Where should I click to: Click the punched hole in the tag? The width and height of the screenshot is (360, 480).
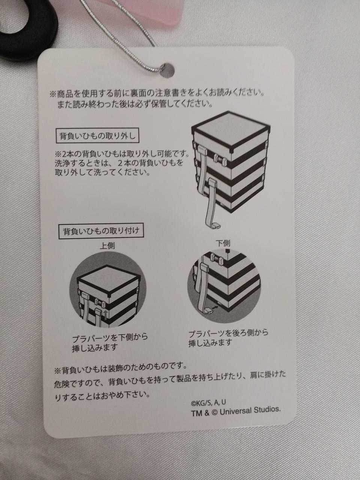pyautogui.click(x=167, y=70)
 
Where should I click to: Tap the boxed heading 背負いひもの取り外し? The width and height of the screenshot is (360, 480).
pyautogui.click(x=97, y=136)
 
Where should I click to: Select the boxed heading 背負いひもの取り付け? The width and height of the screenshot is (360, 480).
pyautogui.click(x=101, y=231)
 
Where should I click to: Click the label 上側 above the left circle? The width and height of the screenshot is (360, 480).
pyautogui.click(x=107, y=246)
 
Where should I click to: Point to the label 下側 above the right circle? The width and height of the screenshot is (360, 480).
pyautogui.click(x=223, y=243)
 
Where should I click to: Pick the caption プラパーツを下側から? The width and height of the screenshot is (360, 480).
pyautogui.click(x=110, y=338)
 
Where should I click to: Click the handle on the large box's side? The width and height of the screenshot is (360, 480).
pyautogui.click(x=220, y=159)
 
